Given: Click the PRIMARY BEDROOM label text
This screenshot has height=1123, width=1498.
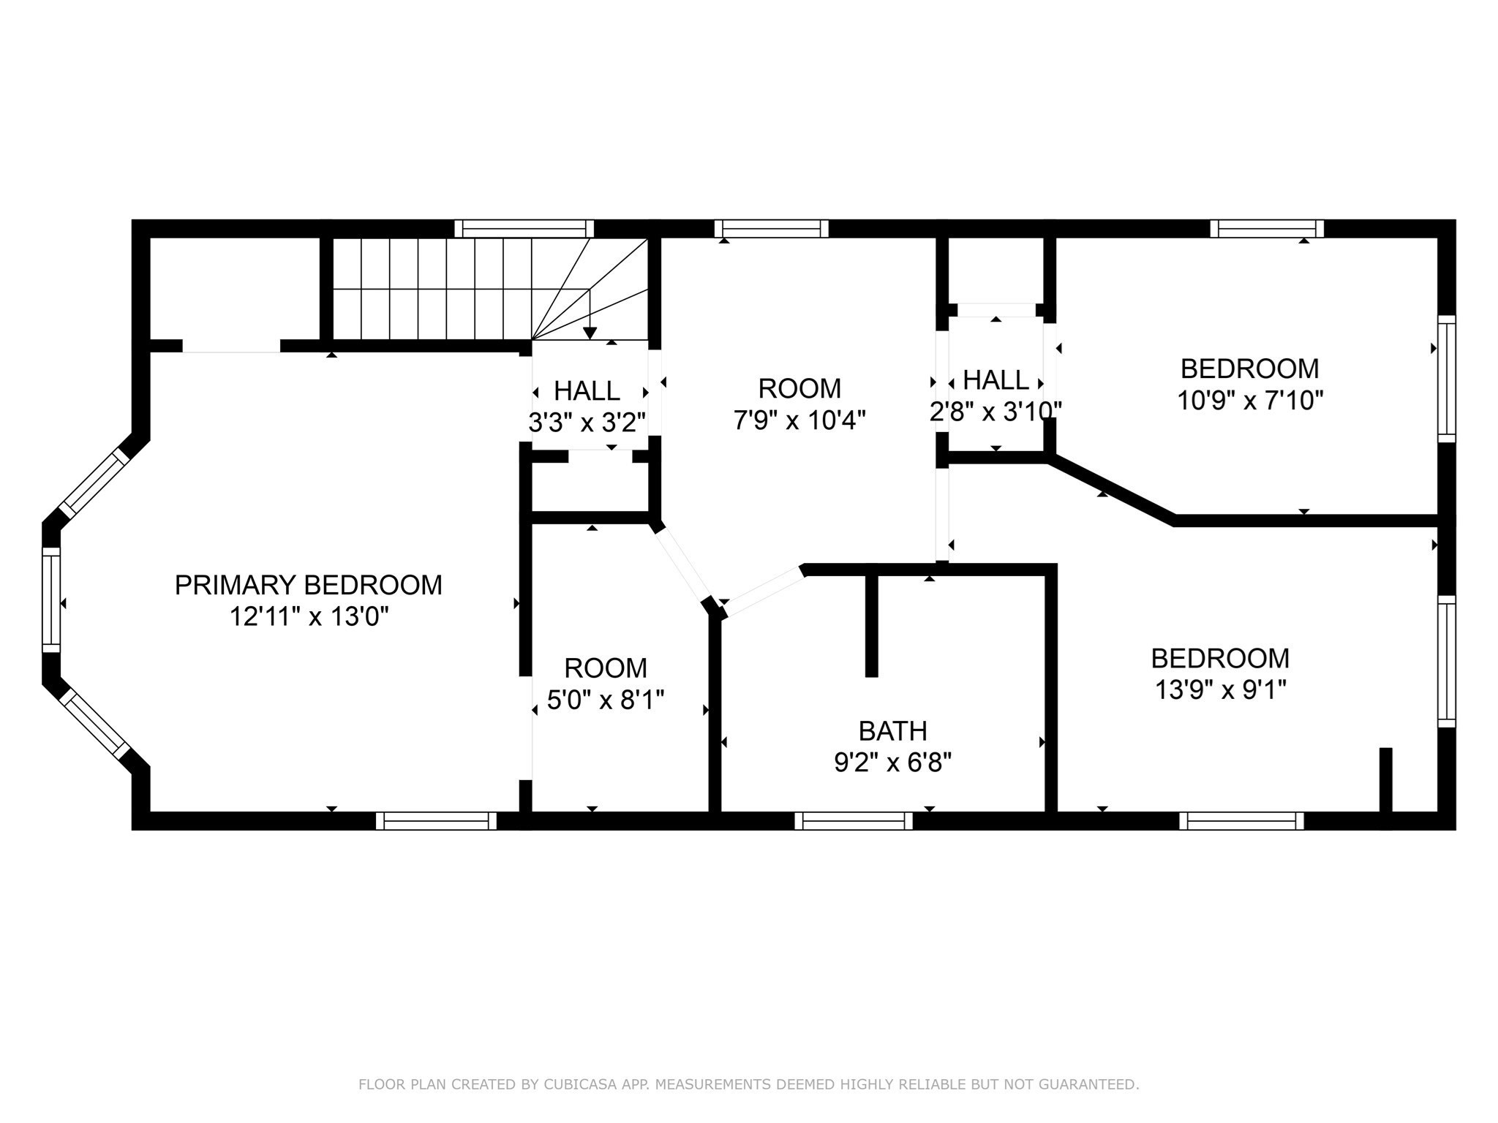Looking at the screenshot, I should [308, 585].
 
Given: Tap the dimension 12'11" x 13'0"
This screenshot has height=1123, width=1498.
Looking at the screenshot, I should [308, 617].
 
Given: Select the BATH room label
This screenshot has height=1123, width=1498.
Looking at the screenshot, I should [892, 730].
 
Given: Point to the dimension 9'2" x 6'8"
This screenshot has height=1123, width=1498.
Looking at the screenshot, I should [892, 763].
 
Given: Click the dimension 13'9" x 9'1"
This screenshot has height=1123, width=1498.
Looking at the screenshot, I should [1219, 689].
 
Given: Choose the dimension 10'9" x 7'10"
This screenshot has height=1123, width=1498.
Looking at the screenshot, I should [1250, 401].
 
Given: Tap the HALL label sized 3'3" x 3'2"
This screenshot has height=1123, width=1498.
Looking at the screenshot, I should [587, 391].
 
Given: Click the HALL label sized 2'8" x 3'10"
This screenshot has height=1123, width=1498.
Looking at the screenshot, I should [995, 380].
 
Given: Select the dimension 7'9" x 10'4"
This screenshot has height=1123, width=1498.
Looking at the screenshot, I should [799, 420].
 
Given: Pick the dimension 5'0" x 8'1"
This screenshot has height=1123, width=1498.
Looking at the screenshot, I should [606, 700].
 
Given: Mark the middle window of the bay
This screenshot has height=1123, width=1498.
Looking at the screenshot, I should [50, 600].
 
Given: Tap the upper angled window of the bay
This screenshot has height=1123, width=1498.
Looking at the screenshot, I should [94, 483].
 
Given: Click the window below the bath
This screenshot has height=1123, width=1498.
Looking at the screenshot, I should [854, 820].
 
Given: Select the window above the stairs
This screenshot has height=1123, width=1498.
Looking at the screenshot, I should [524, 228].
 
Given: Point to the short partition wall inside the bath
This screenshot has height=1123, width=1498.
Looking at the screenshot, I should [871, 625].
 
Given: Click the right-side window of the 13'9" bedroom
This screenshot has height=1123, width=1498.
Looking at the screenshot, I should [1446, 661].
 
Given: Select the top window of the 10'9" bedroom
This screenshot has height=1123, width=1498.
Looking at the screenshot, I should [1266, 228].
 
